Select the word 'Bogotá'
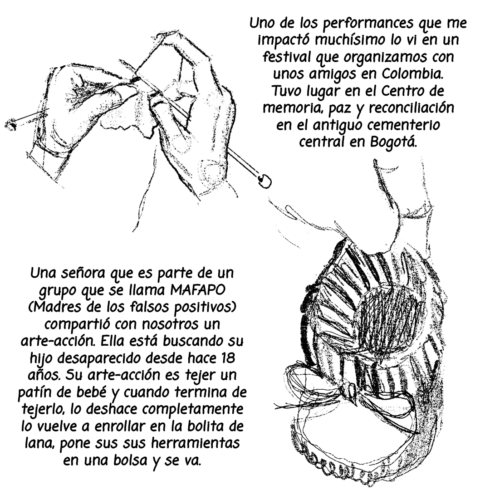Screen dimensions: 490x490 [394, 142]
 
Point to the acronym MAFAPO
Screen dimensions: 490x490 [197, 290]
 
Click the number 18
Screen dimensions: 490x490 [229, 358]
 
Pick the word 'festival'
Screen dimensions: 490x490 [287, 57]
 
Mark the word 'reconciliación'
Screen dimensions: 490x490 [411, 108]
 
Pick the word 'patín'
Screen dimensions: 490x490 [33, 392]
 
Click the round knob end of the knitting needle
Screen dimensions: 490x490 [264, 181]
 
